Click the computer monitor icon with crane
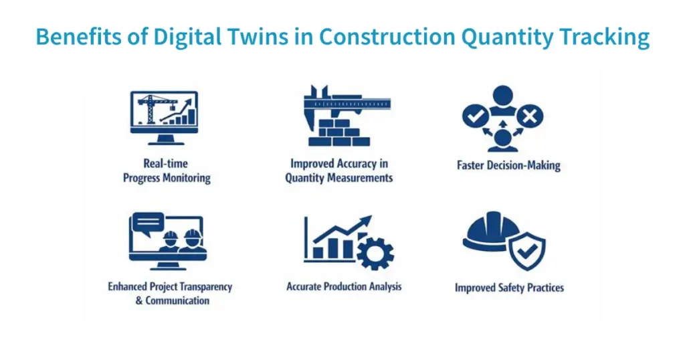164,115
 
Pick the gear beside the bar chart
375,253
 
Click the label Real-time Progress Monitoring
166,171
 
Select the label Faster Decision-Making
508,165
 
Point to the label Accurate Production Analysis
344,286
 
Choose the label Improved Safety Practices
509,288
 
